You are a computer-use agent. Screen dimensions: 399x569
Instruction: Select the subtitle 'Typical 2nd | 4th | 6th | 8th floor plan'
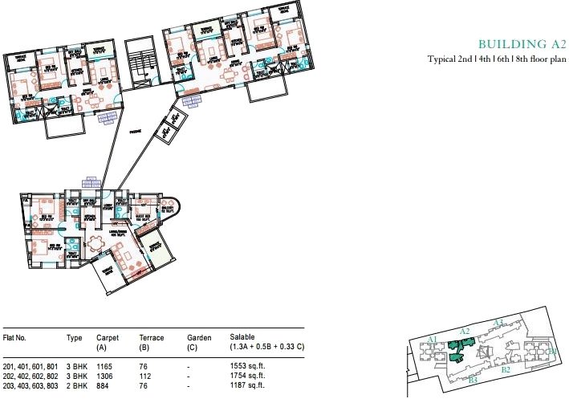click(498, 59)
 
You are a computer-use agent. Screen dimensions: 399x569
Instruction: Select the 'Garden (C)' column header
click(199, 343)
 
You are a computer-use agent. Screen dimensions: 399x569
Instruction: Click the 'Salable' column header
click(243, 338)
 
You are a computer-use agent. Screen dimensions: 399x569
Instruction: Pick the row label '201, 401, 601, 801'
click(30, 366)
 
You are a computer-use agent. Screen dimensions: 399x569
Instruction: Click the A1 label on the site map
click(433, 340)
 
